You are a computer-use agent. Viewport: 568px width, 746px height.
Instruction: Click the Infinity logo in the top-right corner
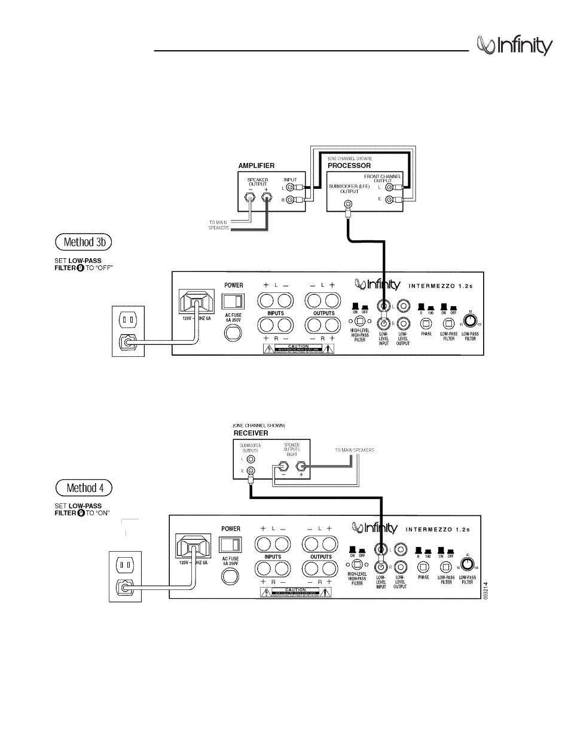coord(514,45)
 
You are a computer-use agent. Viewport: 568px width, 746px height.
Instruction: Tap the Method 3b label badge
coord(84,243)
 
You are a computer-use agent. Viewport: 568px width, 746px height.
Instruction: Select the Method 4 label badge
coord(84,487)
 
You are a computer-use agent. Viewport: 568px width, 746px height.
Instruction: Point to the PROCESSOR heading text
coord(349,166)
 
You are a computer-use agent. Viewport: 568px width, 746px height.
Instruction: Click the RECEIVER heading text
coord(251,433)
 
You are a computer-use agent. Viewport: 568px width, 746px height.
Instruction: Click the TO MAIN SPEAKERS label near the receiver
coord(355,450)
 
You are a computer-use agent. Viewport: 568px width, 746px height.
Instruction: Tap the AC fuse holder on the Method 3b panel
coord(233,332)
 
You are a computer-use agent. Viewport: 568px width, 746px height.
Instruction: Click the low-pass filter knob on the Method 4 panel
coord(468,563)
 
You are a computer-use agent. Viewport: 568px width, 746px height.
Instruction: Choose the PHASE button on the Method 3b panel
coord(426,324)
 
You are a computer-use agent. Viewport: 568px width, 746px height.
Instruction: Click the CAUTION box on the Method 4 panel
coord(295,592)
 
